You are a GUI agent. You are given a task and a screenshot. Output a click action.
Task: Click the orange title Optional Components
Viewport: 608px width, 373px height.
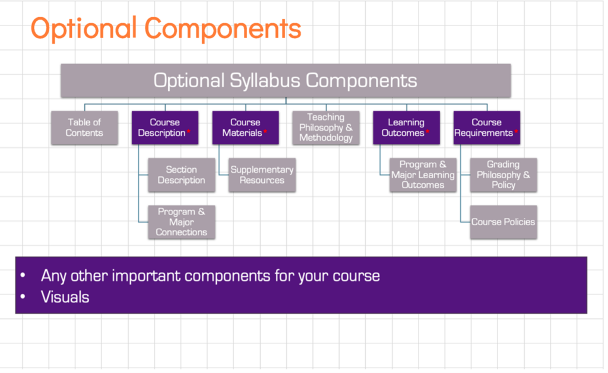tap(166, 28)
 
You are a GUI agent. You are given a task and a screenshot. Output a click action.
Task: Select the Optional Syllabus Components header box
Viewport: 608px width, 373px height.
tap(286, 81)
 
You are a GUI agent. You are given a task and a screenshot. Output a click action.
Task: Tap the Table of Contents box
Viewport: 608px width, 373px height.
tap(84, 128)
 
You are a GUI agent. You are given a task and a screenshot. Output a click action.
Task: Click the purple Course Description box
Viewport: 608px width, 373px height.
tap(164, 128)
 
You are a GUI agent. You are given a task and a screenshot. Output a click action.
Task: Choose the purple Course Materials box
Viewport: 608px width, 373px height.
tap(245, 128)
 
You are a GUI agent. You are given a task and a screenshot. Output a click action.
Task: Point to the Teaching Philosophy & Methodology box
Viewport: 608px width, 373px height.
tap(326, 128)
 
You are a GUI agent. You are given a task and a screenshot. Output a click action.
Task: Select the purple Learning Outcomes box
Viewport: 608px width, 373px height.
tap(406, 128)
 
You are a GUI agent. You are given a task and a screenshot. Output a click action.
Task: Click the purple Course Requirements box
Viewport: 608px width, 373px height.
tap(486, 128)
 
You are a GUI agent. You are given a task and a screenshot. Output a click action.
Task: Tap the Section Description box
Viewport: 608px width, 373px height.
tap(182, 175)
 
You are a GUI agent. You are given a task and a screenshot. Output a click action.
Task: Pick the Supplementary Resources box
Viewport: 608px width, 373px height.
tap(262, 175)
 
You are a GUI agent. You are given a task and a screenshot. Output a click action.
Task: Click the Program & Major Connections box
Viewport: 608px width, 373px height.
tap(182, 222)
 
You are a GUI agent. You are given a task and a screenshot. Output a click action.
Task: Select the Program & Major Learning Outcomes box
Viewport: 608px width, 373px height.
tap(423, 175)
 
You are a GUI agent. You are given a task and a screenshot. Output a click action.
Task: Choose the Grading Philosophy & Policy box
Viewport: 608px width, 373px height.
tap(503, 175)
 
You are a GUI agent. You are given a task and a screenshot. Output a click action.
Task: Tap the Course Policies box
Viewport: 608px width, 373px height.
tap(503, 222)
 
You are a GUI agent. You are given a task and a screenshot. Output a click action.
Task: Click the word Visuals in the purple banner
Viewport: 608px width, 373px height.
tap(65, 297)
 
